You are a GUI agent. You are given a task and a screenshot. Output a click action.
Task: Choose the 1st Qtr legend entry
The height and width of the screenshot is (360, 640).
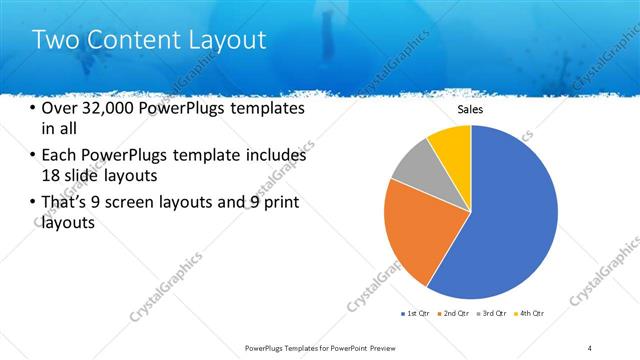click(x=415, y=313)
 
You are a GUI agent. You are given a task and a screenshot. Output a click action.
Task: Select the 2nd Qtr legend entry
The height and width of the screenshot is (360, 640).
click(x=457, y=313)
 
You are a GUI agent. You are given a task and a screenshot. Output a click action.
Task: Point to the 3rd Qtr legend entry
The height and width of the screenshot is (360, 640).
click(x=494, y=313)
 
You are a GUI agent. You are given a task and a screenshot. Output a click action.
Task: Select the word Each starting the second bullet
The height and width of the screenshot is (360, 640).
click(x=61, y=155)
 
